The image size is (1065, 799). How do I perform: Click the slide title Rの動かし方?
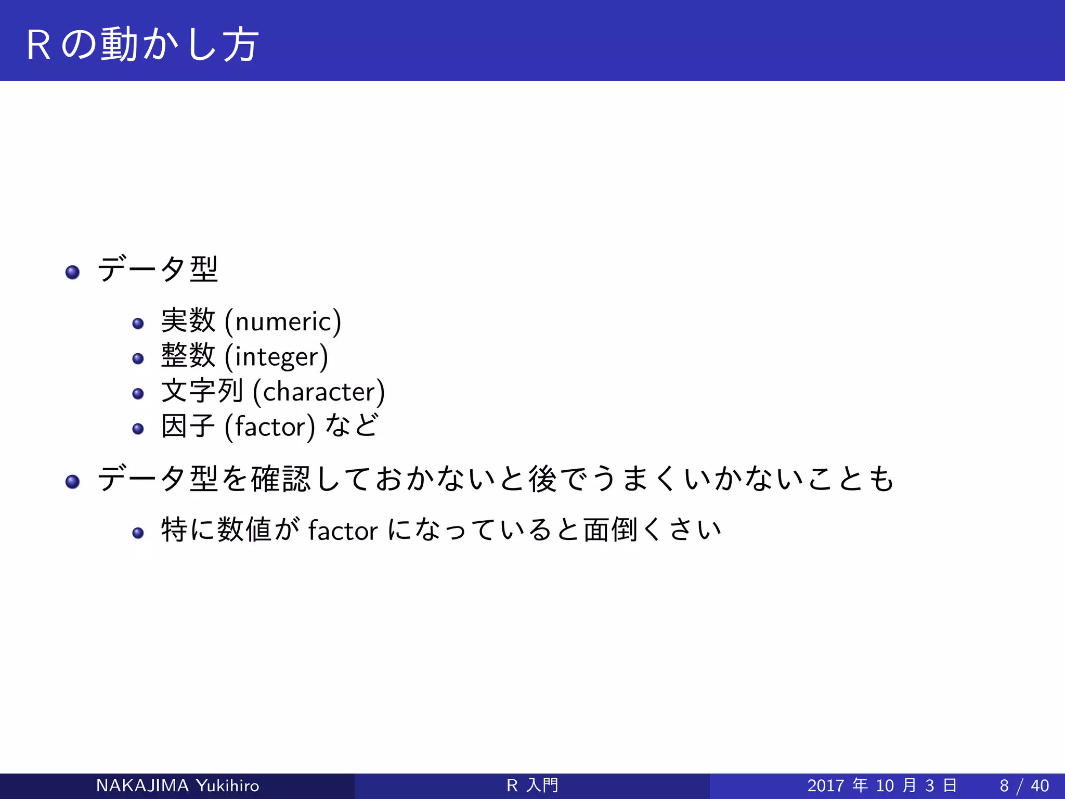[x=141, y=45]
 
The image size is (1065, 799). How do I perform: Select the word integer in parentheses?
[x=276, y=357]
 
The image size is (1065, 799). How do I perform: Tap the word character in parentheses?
[x=318, y=392]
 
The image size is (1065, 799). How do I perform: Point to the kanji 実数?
[x=188, y=320]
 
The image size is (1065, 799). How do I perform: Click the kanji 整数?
[x=188, y=356]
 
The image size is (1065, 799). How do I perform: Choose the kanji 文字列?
[x=202, y=391]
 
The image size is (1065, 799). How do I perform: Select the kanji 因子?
[x=188, y=426]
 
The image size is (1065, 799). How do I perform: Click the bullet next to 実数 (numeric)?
[x=138, y=324]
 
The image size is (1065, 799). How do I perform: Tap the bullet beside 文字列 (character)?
[x=138, y=394]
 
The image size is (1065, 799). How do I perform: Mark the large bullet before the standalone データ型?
[x=73, y=272]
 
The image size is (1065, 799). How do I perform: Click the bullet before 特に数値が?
[x=138, y=533]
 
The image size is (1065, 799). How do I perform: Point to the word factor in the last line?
[x=343, y=531]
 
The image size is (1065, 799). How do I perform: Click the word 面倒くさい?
[x=652, y=530]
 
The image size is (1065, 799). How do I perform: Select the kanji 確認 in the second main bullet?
[x=281, y=479]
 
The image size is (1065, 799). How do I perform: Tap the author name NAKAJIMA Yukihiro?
[x=177, y=785]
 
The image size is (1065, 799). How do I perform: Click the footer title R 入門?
[x=532, y=785]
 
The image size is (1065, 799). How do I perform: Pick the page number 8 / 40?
[x=1024, y=785]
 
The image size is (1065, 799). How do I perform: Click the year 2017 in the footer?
[x=825, y=785]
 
